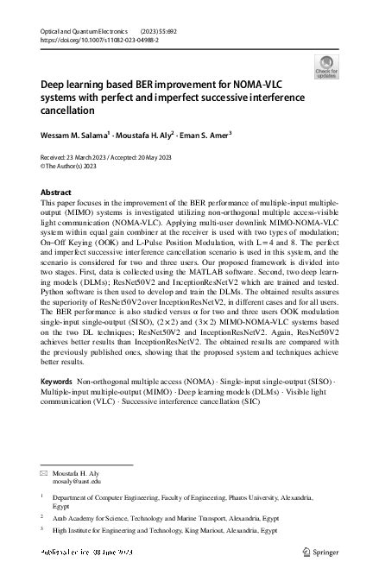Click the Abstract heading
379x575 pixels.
pos(56,193)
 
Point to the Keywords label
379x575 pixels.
pos(56,404)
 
